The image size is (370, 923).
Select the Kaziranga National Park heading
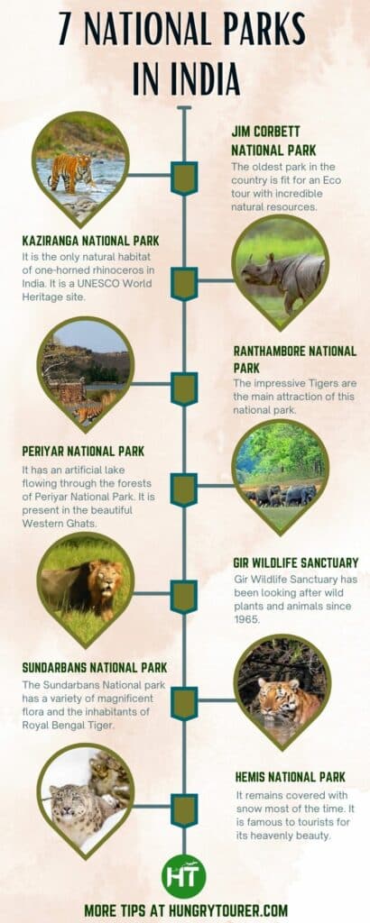click(x=90, y=241)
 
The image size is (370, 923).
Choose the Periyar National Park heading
click(x=83, y=451)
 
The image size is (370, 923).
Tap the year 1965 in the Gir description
click(x=245, y=619)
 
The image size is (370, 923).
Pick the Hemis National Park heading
click(x=289, y=776)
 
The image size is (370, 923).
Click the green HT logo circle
click(x=185, y=875)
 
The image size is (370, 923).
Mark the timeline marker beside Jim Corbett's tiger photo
click(x=185, y=178)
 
